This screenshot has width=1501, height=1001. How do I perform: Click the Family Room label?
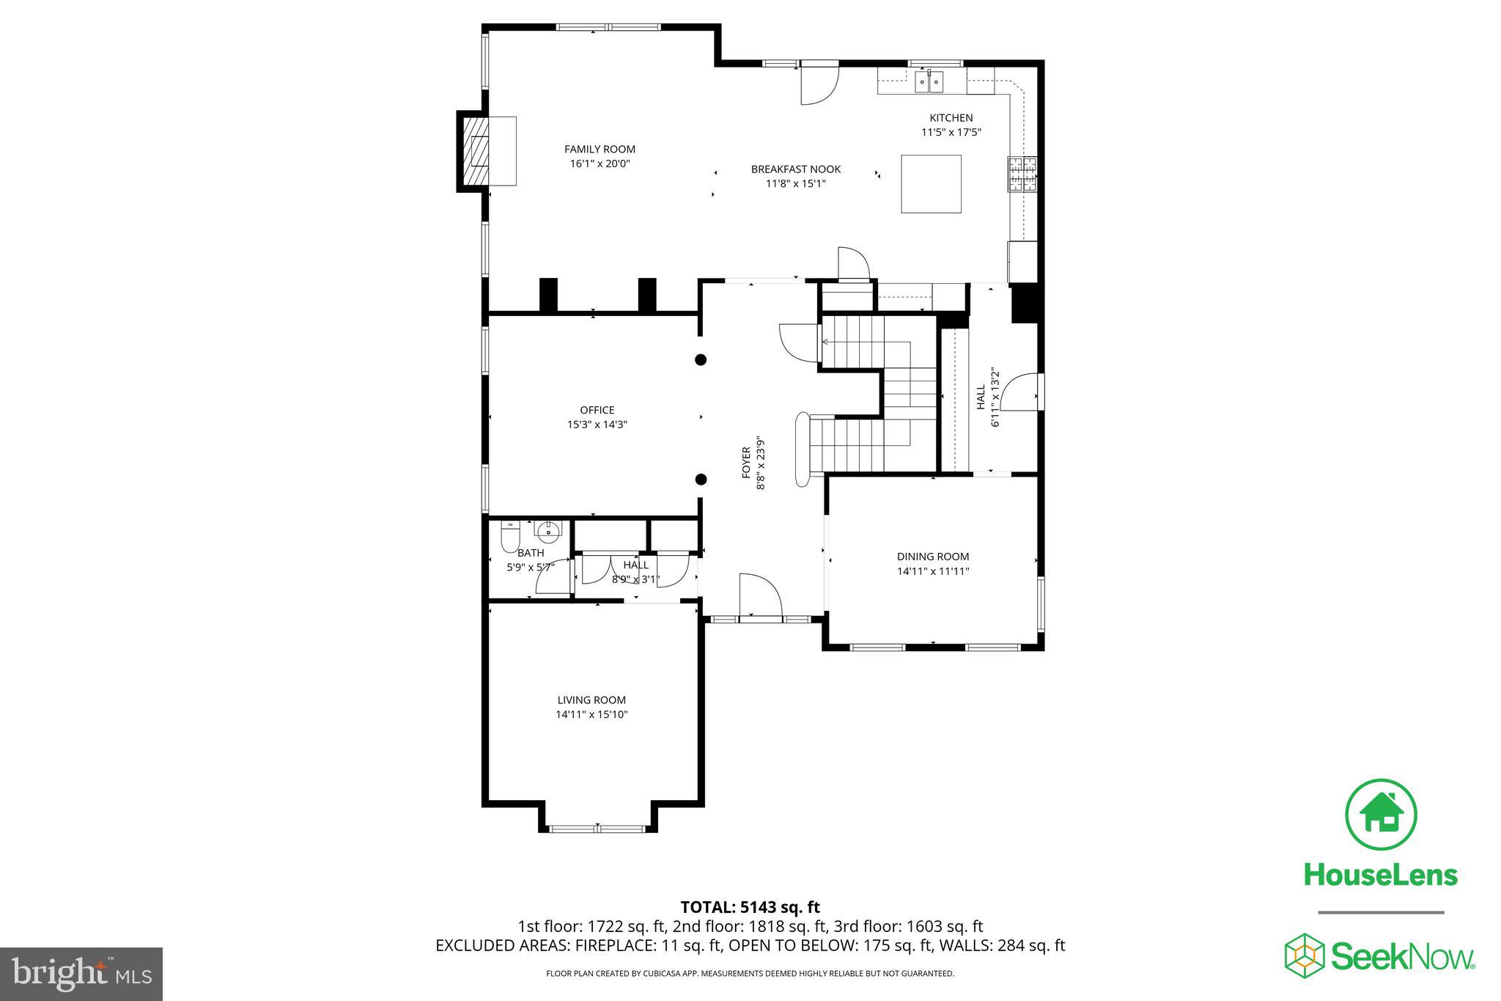600,149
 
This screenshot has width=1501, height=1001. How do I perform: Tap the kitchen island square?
931,183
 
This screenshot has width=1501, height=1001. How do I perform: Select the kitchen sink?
929,82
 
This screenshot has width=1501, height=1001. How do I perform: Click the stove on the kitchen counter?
1022,175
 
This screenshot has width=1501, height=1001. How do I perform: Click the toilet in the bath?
509,537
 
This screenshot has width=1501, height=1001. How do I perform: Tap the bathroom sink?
547,529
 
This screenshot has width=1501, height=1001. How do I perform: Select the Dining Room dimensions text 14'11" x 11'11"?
933,571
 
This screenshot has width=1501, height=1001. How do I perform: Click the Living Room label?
591,700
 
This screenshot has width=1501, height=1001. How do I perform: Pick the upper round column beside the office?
701,359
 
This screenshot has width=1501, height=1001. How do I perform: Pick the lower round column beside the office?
701,480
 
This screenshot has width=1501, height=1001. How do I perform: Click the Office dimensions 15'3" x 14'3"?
597,425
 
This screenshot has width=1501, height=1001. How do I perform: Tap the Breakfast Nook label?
796,169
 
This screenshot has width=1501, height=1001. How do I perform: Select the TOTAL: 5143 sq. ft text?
750,907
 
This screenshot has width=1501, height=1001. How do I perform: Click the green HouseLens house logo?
1381,815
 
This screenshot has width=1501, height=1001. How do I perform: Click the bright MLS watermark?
81,974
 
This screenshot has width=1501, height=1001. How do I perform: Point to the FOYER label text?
746,463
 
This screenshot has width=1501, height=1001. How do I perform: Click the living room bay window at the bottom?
597,829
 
